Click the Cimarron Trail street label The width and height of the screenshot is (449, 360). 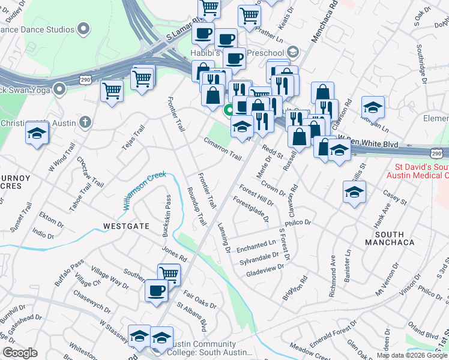[x=222, y=148]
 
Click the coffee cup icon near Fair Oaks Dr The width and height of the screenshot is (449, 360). [x=156, y=290]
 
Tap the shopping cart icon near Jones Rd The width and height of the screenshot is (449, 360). [x=169, y=274]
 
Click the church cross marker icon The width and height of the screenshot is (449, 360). [x=85, y=123]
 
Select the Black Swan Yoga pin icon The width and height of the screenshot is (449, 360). [x=59, y=89]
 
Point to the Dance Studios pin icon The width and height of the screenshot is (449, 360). [x=83, y=28]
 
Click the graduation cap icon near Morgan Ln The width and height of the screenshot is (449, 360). [x=373, y=107]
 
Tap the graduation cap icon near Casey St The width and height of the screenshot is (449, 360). [x=354, y=192]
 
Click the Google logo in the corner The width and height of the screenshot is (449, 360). [x=20, y=353]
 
